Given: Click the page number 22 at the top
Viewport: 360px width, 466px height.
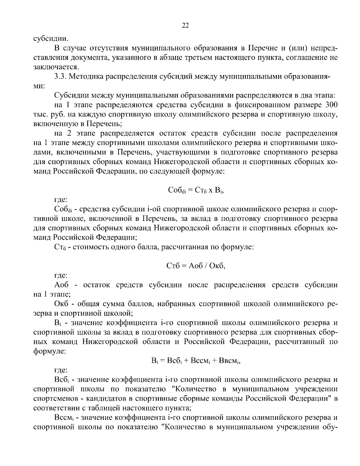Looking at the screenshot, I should pos(185,26).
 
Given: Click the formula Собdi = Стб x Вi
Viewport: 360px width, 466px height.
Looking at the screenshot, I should pos(195,190).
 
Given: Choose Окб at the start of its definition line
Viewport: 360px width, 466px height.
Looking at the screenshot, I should pos(62,304).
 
